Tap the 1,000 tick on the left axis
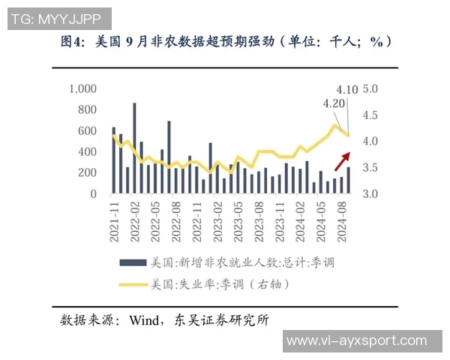[x=82, y=88]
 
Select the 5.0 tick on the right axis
[x=370, y=88]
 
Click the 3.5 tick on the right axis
[x=370, y=168]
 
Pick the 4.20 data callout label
[x=333, y=104]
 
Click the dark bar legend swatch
[x=133, y=262]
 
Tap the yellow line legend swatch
[x=133, y=284]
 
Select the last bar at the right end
[x=348, y=180]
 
